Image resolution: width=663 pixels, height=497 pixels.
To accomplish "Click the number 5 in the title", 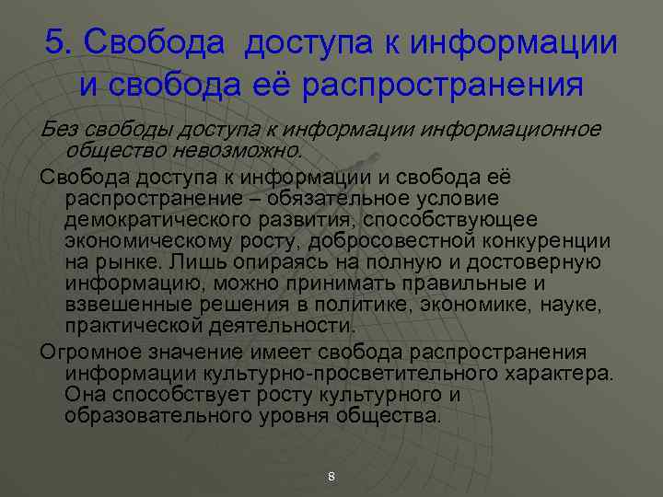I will (x=55, y=41).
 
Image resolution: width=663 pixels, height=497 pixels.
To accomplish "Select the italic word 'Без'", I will (x=59, y=129).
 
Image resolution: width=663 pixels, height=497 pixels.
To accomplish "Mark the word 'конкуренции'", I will (x=547, y=241).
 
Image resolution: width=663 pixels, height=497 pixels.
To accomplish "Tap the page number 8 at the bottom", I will (x=331, y=476).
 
